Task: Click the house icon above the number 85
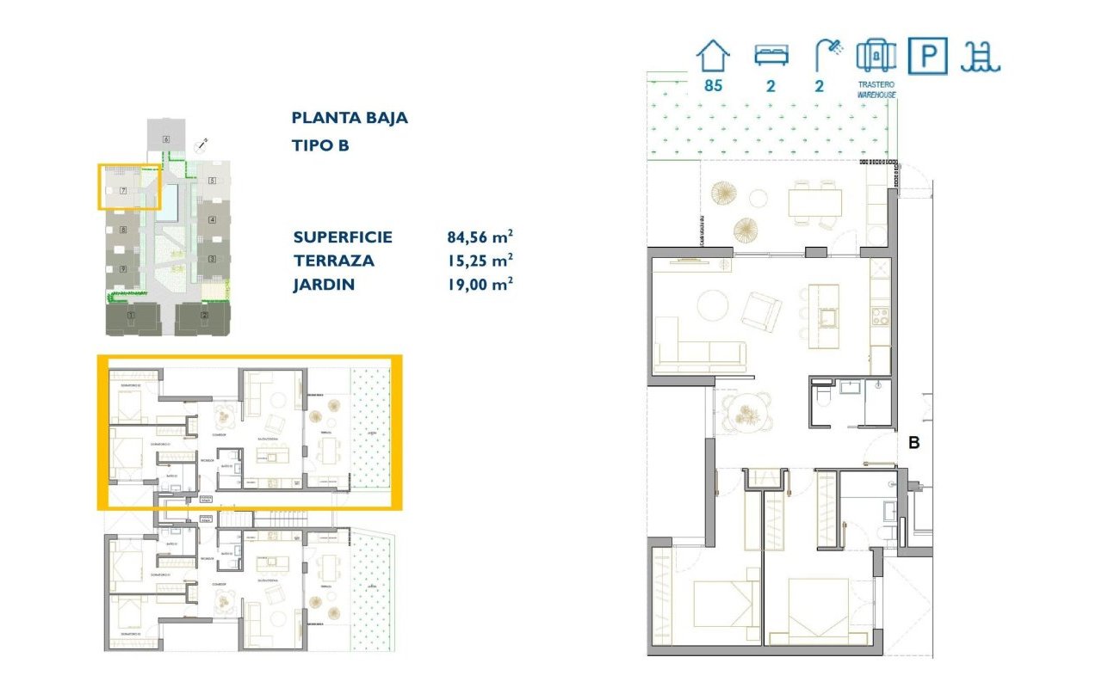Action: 713,56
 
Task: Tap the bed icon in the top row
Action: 771,56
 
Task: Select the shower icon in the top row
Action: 828,56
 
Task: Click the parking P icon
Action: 928,57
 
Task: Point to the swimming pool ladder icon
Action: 981,57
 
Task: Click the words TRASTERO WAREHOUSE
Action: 876,89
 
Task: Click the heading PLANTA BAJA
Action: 350,118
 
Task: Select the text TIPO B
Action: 320,145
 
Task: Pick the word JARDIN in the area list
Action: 324,285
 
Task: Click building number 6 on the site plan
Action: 165,138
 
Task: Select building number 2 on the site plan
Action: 204,316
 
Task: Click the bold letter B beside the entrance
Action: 914,444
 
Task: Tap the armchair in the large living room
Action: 762,310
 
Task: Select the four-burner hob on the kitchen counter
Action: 880,314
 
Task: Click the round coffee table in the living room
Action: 712,305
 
